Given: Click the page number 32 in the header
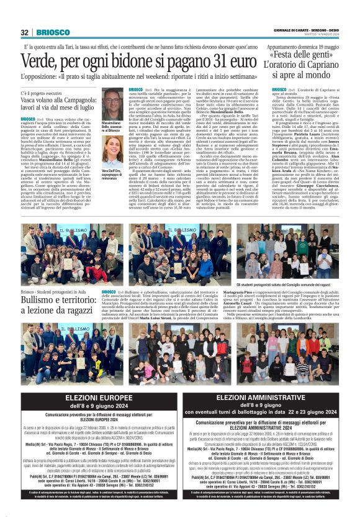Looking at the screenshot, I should tap(25, 32).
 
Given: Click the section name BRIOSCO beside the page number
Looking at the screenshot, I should tap(49, 32).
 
